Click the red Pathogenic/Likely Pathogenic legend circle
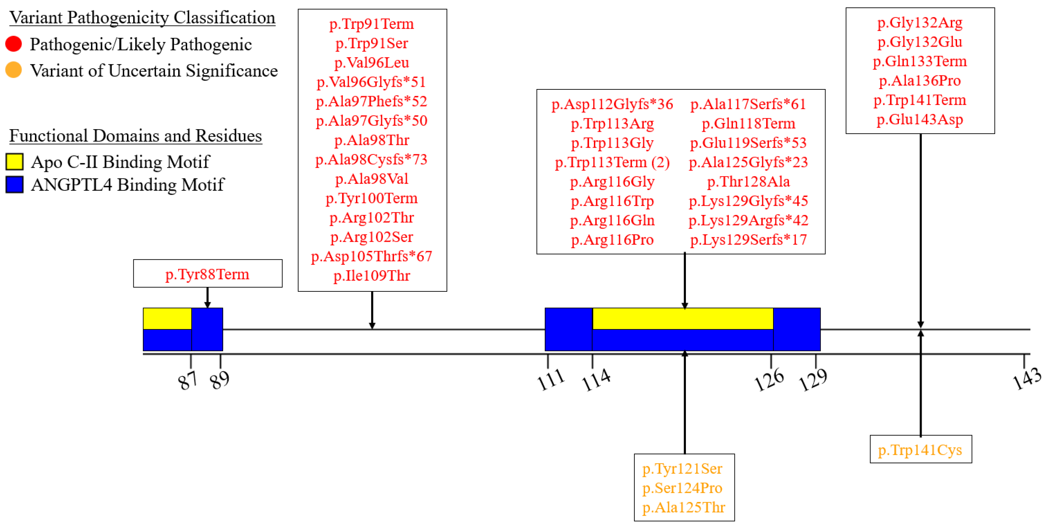tap(13, 44)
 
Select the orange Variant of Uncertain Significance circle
tap(13, 70)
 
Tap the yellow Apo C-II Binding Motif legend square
tap(14, 161)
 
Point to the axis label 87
tap(188, 381)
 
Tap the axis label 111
tap(551, 380)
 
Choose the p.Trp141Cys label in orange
tap(920, 450)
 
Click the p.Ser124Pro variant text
tap(682, 488)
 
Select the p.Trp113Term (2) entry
tap(612, 163)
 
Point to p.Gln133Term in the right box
tap(920, 61)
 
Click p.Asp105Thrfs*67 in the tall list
tap(371, 256)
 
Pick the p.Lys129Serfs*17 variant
tap(748, 240)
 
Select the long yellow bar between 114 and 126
tap(682, 319)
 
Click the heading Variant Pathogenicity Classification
tap(142, 17)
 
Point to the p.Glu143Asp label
tap(920, 119)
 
